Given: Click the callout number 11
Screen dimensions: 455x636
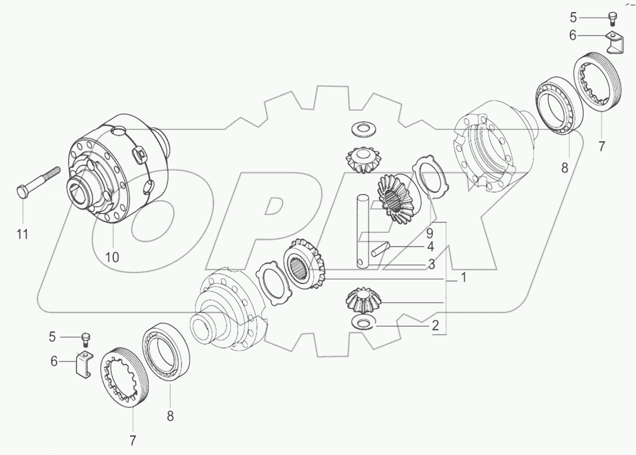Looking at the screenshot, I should (22, 234).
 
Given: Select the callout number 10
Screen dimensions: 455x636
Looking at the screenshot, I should (112, 257).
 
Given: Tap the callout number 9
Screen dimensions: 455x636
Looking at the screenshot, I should (429, 233).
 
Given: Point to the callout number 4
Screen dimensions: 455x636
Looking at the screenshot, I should (430, 247).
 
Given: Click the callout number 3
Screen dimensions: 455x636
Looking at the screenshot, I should (430, 264).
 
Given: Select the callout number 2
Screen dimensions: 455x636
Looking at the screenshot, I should (435, 326).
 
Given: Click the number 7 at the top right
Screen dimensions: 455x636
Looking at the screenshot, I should (601, 147).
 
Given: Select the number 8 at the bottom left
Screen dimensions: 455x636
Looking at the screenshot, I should (170, 416).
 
